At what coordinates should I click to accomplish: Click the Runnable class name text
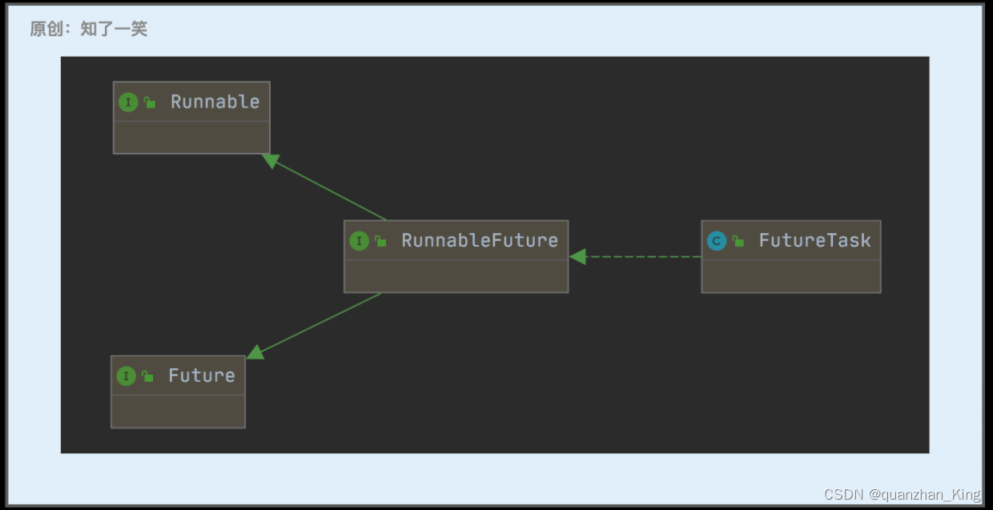pos(215,102)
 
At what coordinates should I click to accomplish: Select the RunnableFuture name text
pos(479,240)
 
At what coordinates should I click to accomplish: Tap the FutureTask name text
pos(814,240)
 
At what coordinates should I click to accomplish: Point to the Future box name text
pos(201,375)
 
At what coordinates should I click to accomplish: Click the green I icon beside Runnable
pos(128,102)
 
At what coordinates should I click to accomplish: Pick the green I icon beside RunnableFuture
pos(359,240)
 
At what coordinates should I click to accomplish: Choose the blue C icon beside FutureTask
pos(717,240)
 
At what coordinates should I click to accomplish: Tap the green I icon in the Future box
pos(126,375)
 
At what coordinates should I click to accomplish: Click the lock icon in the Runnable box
pos(150,102)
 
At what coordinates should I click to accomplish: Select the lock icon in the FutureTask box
pos(738,240)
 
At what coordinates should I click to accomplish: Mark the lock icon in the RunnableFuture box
pos(380,240)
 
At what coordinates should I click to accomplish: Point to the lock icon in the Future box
pos(147,375)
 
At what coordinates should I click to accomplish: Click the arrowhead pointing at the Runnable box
pos(271,160)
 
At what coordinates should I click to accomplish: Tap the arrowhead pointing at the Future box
pos(255,351)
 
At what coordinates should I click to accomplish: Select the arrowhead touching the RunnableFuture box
pos(577,256)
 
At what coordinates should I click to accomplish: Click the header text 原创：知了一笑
pos(88,30)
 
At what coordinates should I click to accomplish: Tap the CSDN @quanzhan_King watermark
pos(902,494)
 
